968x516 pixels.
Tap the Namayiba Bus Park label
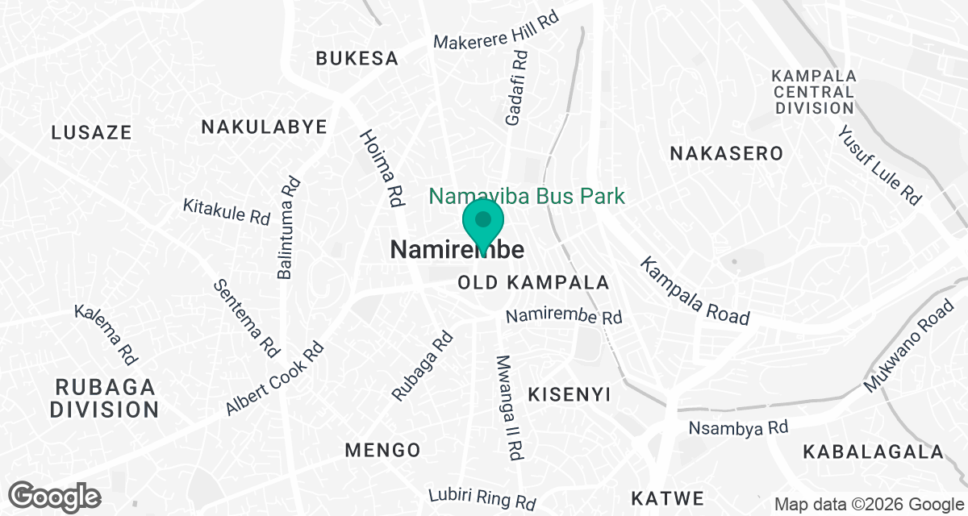point(527,196)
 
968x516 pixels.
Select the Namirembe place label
point(457,250)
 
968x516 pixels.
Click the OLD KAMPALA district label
point(533,283)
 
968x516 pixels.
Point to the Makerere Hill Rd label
point(496,31)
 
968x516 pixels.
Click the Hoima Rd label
point(382,169)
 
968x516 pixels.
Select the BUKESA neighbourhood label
point(357,58)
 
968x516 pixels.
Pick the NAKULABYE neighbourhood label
point(264,127)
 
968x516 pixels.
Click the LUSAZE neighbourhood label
point(91,132)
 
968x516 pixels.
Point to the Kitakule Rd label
point(226,211)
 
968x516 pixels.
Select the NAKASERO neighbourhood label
point(727,153)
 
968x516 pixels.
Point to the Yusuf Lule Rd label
point(878,165)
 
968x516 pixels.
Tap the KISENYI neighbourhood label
point(569,394)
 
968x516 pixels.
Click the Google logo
point(55,495)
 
